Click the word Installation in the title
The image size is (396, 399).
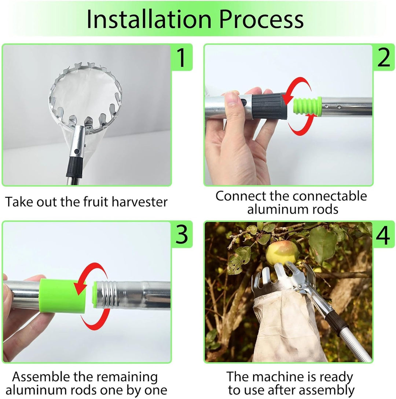(x=149, y=19)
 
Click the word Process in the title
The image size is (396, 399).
(x=261, y=19)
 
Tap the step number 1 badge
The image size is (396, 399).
(x=181, y=57)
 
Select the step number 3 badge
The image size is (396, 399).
(x=182, y=234)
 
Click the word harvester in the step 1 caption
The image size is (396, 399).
(x=140, y=202)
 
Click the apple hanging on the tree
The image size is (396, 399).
(x=282, y=253)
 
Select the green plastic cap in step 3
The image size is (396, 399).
(x=63, y=295)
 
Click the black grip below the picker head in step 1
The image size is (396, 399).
(x=75, y=167)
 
